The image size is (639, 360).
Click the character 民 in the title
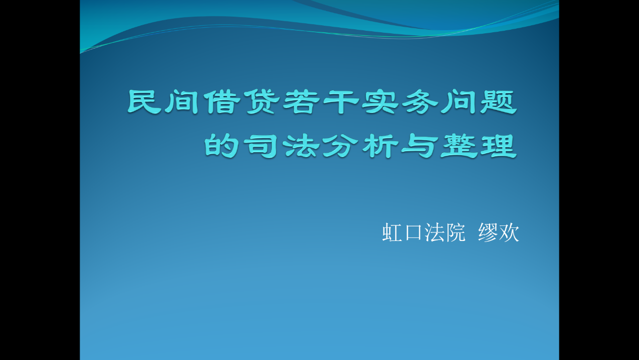click(x=145, y=102)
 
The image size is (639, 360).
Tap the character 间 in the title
click(x=182, y=102)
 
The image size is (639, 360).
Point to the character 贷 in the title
click(x=263, y=102)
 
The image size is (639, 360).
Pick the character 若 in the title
click(x=302, y=102)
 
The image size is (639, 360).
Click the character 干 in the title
click(x=341, y=102)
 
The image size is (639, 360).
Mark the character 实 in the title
click(x=380, y=102)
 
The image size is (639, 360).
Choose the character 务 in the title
click(x=420, y=102)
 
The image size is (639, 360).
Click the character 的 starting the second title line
click(x=221, y=146)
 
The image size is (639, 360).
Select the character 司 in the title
click(x=261, y=146)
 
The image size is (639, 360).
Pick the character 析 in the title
click(x=380, y=146)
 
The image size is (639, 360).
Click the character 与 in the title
click(x=420, y=146)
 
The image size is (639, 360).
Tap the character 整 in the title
click(x=459, y=146)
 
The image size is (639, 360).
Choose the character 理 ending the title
click(x=498, y=146)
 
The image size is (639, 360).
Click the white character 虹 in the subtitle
click(x=393, y=232)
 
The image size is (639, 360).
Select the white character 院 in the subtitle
click(x=455, y=232)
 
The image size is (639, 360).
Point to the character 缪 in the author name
click(x=488, y=232)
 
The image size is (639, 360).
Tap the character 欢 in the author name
click(x=508, y=232)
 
